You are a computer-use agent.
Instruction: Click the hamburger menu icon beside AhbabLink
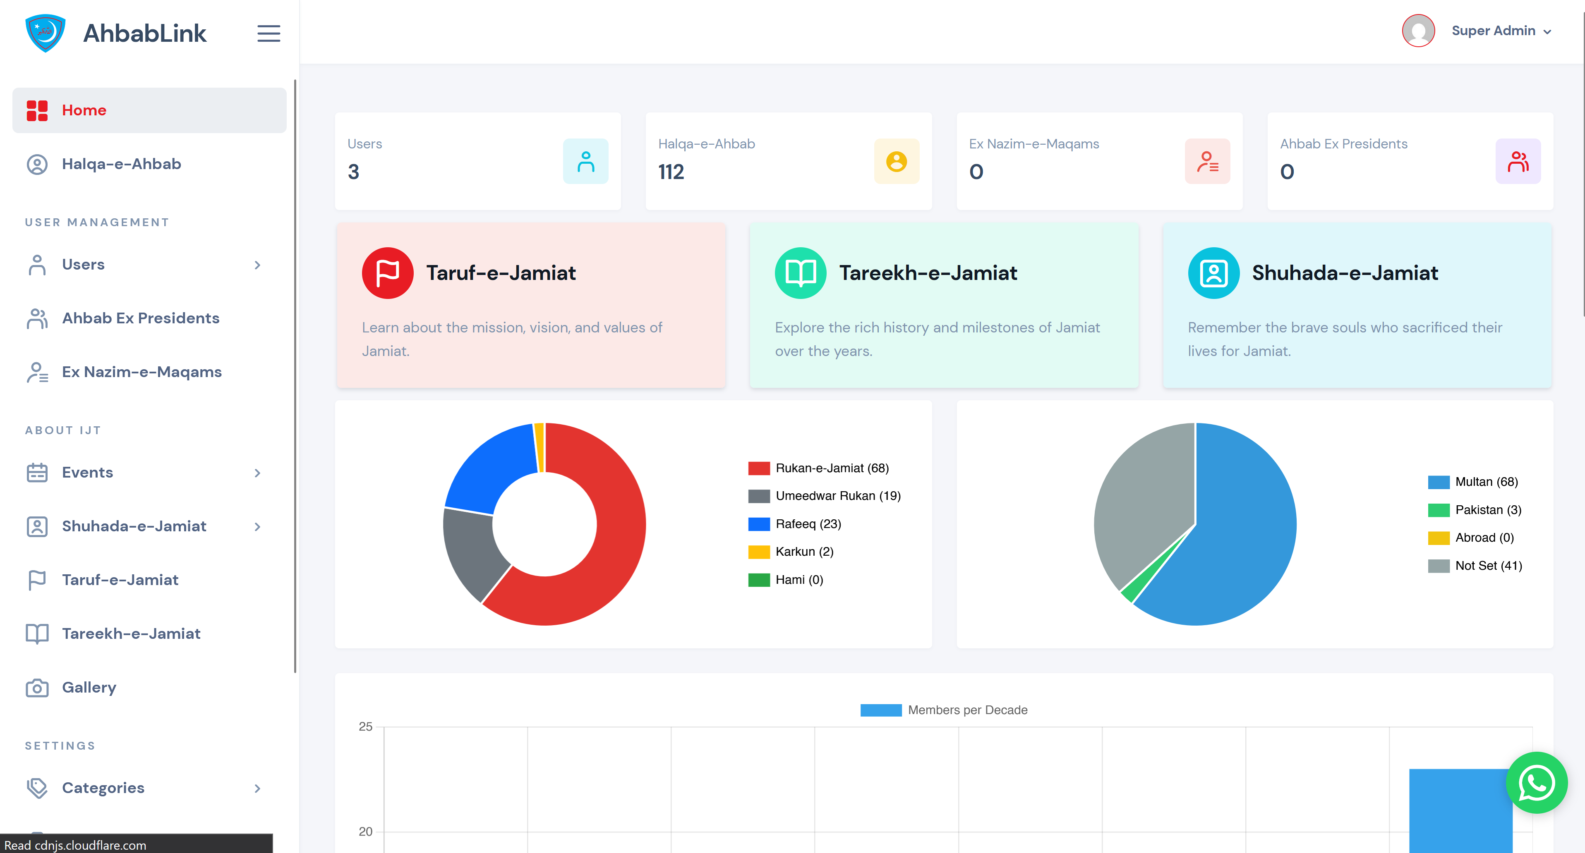[268, 33]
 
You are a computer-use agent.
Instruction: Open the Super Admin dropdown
[1500, 31]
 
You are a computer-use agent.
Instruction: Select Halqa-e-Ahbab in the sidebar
[121, 164]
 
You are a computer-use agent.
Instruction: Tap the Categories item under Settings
[103, 788]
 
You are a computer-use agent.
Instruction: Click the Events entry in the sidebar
[87, 472]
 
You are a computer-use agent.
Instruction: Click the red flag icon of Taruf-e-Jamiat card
[387, 273]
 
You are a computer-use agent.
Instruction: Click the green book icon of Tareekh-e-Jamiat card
[800, 273]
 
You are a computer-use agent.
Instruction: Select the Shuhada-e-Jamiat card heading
[1345, 273]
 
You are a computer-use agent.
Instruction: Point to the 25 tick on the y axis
[365, 727]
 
